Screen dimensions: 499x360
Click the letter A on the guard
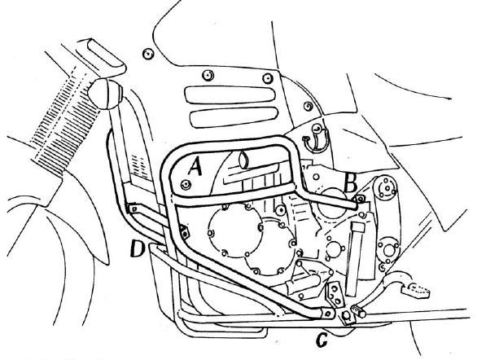(195, 167)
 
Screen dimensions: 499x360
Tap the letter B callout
(351, 184)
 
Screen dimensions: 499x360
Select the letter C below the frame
(322, 340)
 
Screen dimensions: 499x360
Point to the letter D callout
(138, 248)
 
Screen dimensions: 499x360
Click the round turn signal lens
(105, 94)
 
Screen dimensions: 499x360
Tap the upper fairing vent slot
(230, 94)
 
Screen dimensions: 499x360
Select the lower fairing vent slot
(234, 117)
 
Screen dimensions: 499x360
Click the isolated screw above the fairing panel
(148, 54)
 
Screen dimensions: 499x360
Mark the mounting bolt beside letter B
(361, 200)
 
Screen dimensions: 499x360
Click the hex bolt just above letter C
(347, 316)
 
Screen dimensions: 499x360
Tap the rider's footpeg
(415, 290)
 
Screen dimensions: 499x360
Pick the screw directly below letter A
(186, 184)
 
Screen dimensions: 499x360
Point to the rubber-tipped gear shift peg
(358, 311)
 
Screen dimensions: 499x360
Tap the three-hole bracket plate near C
(335, 294)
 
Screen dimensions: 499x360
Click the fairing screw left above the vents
(208, 76)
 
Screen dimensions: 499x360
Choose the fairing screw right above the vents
(268, 77)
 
